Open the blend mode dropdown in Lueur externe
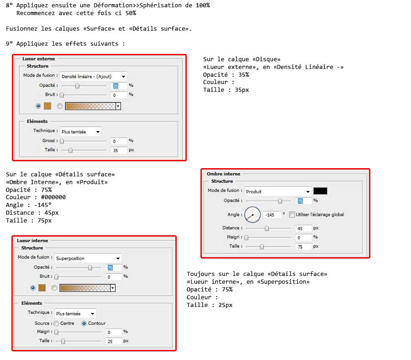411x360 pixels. (94, 76)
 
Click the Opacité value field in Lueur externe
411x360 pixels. (119, 85)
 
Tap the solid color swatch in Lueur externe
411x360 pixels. (47, 106)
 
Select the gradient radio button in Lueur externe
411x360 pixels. (60, 106)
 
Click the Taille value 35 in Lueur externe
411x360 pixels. (119, 150)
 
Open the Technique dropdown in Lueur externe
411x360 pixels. (81, 132)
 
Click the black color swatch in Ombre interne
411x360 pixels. (320, 191)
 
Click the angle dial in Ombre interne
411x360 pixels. (253, 215)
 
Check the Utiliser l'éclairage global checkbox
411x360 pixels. (292, 214)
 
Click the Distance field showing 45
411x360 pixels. (304, 228)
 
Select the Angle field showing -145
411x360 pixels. (272, 215)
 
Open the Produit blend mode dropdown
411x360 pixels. (278, 191)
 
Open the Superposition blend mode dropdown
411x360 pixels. (88, 258)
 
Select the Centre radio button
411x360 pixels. (56, 323)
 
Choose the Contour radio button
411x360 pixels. (84, 323)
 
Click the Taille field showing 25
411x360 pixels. (114, 341)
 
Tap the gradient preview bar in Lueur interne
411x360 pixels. (85, 288)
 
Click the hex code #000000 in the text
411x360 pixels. (53, 197)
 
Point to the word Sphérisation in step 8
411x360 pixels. (160, 5)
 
